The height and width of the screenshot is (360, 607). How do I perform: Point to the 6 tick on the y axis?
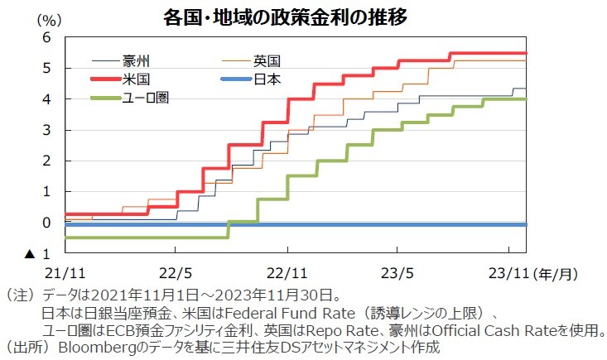(46, 37)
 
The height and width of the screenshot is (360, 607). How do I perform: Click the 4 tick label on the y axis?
(46, 99)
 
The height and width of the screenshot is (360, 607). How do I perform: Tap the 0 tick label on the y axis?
(46, 223)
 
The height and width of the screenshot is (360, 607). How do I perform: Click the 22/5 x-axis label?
(176, 271)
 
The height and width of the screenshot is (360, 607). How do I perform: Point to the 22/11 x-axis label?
(287, 271)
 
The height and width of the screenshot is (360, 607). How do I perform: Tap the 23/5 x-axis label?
(398, 271)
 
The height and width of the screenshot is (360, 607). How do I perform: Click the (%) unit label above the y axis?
(51, 18)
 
